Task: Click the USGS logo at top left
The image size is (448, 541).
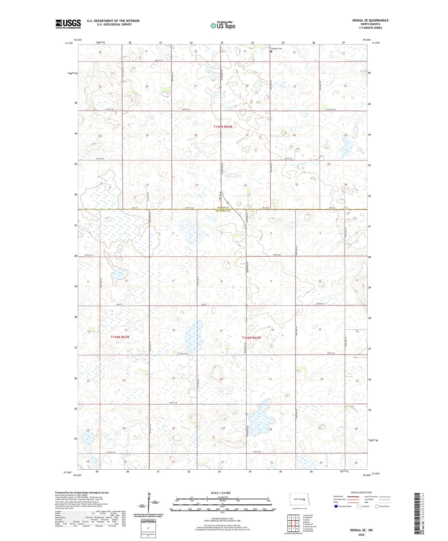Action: (68, 24)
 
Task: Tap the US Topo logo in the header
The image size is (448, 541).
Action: (223, 26)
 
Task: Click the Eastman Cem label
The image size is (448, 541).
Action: (277, 49)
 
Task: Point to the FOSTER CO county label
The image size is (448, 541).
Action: (223, 207)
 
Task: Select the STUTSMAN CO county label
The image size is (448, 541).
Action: (223, 211)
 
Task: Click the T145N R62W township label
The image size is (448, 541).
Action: (223, 127)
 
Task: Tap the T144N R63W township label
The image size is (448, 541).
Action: (120, 337)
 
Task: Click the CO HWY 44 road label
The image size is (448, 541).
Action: (320, 303)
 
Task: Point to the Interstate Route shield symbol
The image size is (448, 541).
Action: (336, 506)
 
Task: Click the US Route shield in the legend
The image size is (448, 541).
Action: (359, 506)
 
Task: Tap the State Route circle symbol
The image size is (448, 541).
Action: (377, 506)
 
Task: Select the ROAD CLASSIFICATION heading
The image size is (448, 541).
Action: (361, 492)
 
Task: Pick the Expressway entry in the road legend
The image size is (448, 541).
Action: (338, 496)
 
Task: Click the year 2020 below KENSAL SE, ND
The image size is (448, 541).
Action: (361, 534)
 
